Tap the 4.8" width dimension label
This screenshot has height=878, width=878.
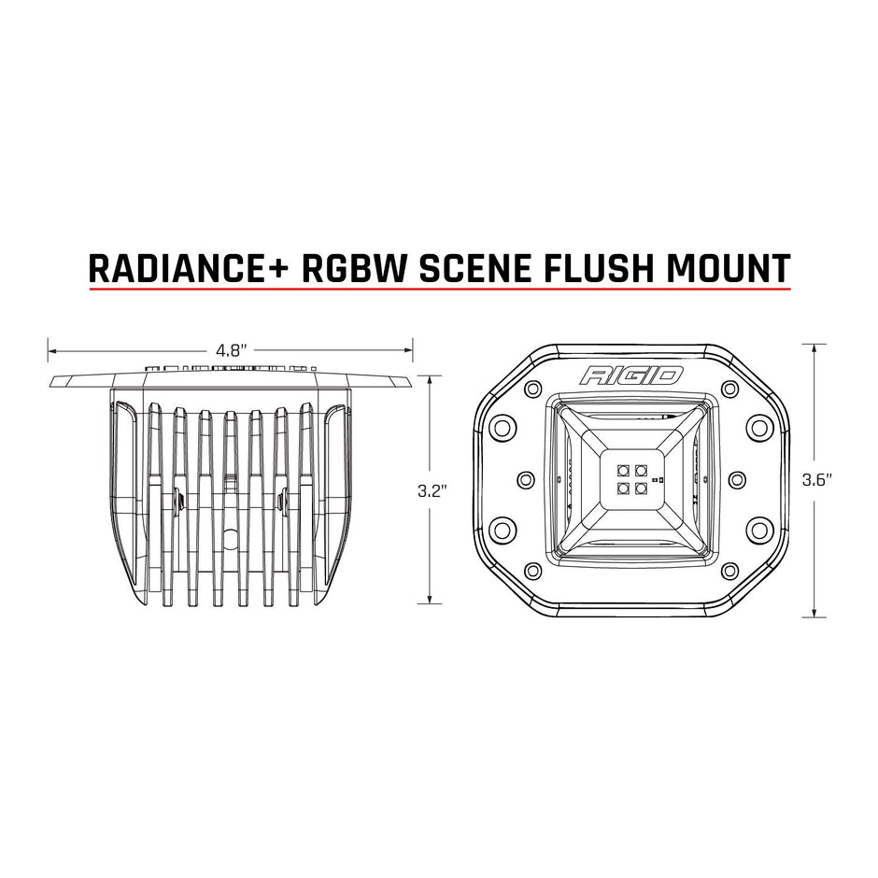point(230,351)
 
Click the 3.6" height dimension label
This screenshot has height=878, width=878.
point(817,479)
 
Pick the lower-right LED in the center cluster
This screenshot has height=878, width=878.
point(639,488)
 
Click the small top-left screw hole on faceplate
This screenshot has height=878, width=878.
point(532,389)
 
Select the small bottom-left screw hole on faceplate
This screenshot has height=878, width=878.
point(532,571)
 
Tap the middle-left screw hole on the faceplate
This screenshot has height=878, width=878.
point(524,479)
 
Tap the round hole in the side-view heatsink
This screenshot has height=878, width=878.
point(230,539)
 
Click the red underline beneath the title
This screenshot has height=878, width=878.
point(439,289)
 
